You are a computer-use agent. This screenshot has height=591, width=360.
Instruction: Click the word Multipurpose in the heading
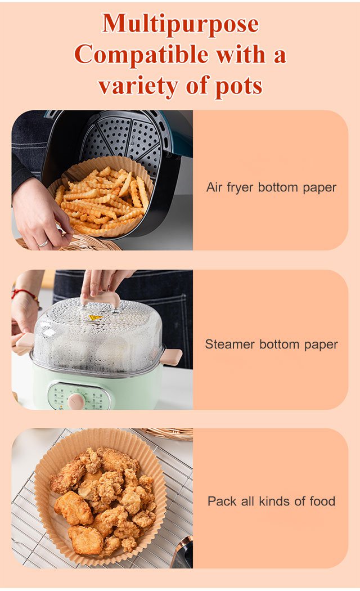[x=181, y=24]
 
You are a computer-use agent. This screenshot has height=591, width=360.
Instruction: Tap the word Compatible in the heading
[x=141, y=55]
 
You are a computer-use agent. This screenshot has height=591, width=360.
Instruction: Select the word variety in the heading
[x=138, y=86]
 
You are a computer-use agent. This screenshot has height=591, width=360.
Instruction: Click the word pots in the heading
[x=238, y=86]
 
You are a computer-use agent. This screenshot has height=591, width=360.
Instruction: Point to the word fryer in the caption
[x=240, y=188]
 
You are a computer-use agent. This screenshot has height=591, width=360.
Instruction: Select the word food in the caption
[x=322, y=501]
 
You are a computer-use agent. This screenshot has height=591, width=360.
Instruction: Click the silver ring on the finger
[x=43, y=244]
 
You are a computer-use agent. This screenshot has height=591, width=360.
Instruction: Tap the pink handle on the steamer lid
[x=102, y=299]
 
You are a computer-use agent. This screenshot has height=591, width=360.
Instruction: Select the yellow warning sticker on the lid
[x=95, y=318]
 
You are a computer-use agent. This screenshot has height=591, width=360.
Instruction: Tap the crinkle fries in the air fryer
[x=102, y=200]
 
